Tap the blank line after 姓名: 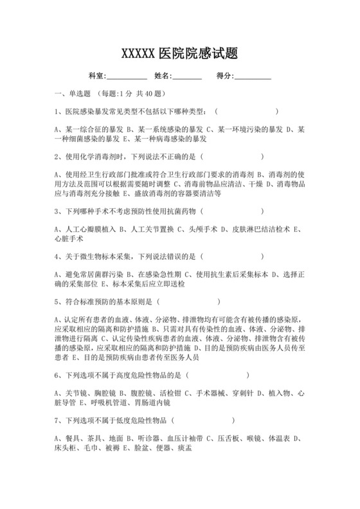click(x=187, y=76)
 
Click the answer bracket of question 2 click(x=232, y=156)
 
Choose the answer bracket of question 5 click(x=188, y=300)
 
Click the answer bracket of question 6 click(x=219, y=373)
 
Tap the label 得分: click(x=226, y=76)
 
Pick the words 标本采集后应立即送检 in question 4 click(x=154, y=283)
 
